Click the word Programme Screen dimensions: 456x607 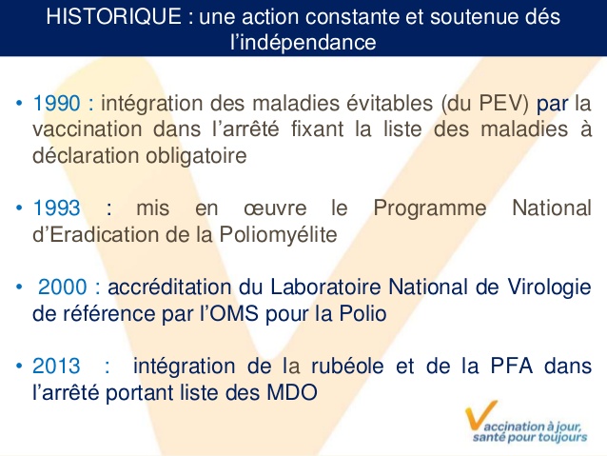point(430,208)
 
